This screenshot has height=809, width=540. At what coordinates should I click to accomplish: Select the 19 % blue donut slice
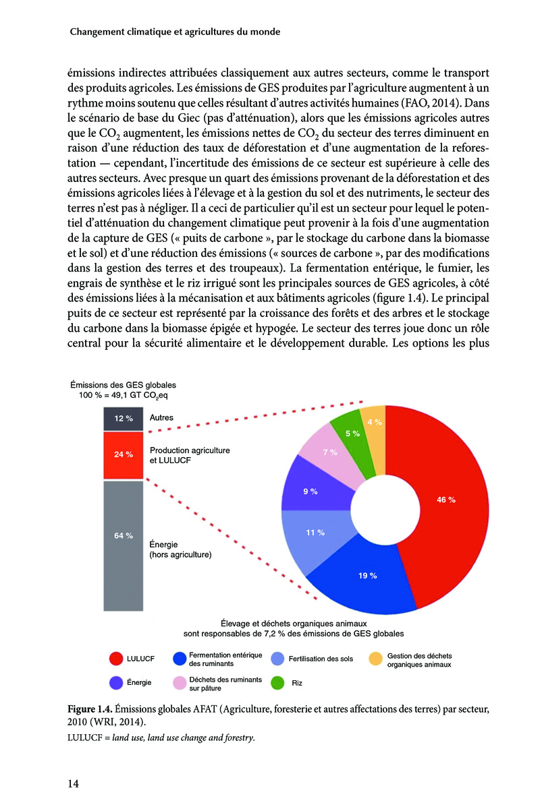(368, 576)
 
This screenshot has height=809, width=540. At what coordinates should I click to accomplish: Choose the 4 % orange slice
(373, 422)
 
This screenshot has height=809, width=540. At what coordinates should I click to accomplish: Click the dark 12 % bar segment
(123, 418)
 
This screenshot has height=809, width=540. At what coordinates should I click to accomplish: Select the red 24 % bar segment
(123, 454)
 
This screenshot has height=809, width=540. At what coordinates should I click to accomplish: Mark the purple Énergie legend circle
(115, 683)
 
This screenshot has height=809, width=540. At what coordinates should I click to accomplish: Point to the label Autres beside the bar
(161, 418)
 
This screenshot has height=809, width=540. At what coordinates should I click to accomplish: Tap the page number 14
(74, 783)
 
